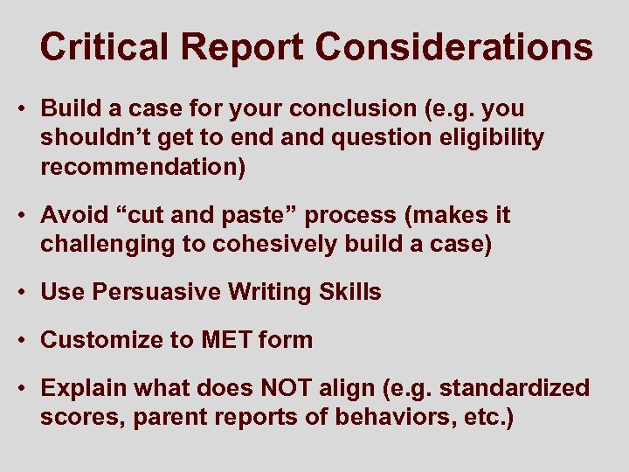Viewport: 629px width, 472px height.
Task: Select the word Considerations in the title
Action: (x=453, y=47)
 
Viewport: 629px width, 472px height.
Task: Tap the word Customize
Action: (x=93, y=339)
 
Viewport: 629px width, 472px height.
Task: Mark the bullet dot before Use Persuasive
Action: (x=25, y=292)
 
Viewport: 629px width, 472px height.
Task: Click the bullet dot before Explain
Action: (x=25, y=387)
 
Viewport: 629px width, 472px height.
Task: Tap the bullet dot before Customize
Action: (x=25, y=339)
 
